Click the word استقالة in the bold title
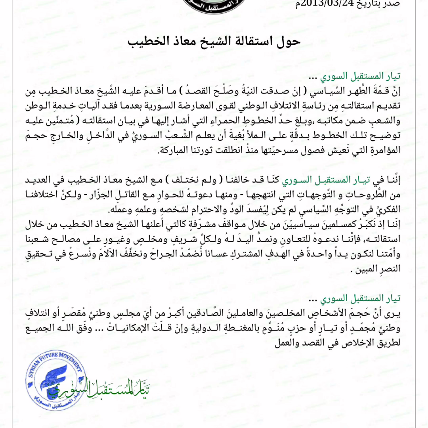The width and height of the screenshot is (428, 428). [x=221, y=41]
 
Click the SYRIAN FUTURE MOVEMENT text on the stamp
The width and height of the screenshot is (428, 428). [x=57, y=361]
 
